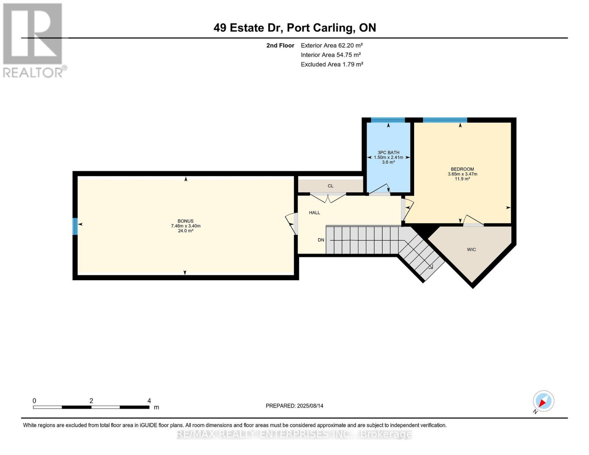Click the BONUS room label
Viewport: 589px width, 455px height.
[185, 221]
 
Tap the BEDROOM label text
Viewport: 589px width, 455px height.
[462, 169]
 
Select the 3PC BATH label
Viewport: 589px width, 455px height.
[388, 152]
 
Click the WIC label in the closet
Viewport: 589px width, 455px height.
[471, 249]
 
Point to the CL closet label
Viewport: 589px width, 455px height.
[330, 186]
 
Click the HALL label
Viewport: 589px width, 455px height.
[314, 213]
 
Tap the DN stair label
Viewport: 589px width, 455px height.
[321, 240]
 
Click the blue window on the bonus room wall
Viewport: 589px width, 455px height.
[75, 226]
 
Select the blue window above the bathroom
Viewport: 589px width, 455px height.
[388, 120]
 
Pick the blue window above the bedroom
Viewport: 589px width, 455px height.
[445, 120]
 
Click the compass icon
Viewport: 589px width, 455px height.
[543, 402]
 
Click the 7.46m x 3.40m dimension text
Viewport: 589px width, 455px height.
[186, 226]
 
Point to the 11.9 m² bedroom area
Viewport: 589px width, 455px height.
[462, 179]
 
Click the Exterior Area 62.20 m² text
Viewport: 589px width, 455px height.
[332, 45]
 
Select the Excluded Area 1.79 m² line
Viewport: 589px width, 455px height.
[332, 64]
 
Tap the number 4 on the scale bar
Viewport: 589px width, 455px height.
[149, 400]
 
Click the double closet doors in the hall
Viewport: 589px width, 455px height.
[328, 198]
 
